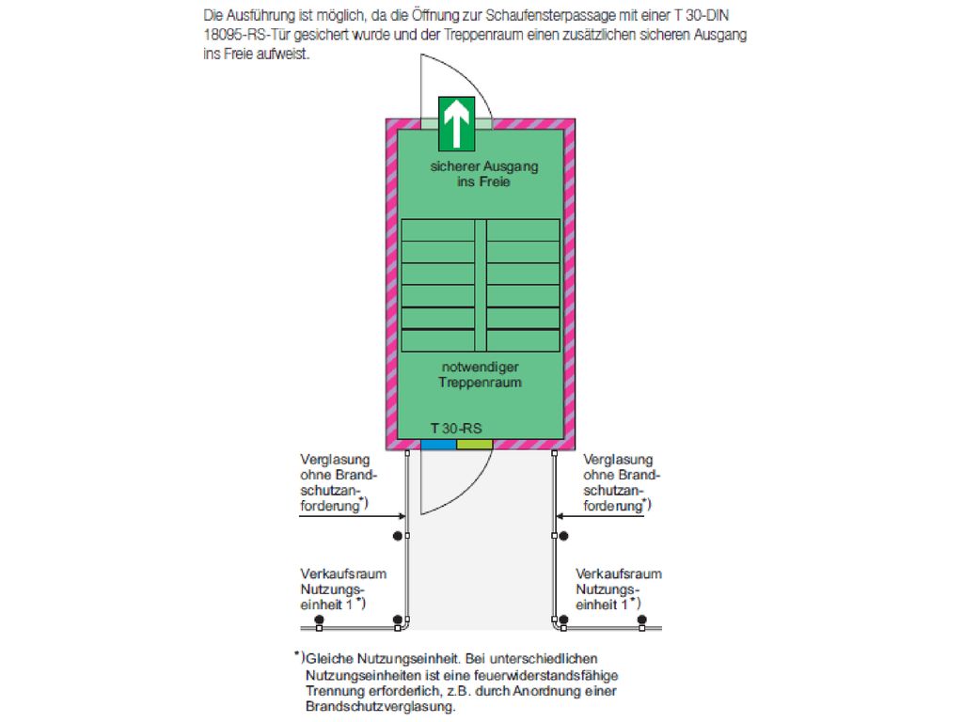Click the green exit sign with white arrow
tap(456, 124)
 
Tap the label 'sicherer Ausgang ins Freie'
tap(484, 174)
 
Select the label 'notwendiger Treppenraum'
tap(481, 374)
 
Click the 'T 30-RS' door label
tap(456, 429)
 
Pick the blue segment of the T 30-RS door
tap(438, 445)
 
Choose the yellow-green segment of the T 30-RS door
tap(475, 445)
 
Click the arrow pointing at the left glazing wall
tap(352, 516)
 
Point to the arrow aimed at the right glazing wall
tap(600, 516)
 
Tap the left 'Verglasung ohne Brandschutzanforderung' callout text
tap(339, 482)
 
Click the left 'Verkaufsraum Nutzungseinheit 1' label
tap(343, 589)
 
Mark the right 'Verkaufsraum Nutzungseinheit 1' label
tap(619, 589)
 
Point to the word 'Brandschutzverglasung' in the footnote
tap(381, 707)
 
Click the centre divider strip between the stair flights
tap(481, 286)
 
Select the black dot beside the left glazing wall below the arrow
tap(398, 536)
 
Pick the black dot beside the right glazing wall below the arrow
tap(564, 536)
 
